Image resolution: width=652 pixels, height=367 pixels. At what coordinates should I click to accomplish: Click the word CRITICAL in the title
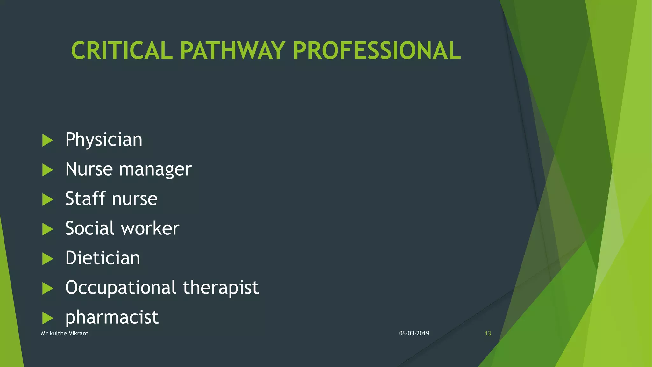(122, 51)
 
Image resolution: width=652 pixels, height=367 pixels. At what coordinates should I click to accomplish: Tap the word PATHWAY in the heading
(232, 51)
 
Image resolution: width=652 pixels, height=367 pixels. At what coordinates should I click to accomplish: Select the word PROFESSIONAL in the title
(377, 51)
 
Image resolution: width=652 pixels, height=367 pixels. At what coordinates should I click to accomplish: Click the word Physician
(104, 140)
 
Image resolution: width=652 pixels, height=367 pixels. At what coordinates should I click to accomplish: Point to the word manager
(155, 169)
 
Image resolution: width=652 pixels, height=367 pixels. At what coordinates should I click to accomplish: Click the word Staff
(85, 198)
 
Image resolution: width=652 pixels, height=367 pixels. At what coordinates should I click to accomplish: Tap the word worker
(150, 228)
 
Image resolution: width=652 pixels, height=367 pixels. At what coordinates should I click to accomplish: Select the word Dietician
(103, 258)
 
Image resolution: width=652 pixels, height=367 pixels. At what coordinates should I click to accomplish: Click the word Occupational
(121, 288)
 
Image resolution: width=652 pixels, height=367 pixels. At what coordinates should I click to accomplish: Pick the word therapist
(221, 287)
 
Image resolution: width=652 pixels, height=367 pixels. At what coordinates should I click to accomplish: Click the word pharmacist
(112, 317)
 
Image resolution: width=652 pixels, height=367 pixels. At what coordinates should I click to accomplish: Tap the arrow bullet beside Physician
(47, 140)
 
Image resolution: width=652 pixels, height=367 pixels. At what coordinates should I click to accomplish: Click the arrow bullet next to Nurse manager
(47, 170)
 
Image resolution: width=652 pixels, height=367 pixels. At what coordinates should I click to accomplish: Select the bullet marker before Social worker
(47, 229)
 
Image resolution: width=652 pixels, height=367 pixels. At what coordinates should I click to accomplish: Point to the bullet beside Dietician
(47, 259)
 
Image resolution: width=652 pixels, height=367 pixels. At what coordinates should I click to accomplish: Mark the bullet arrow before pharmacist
(47, 318)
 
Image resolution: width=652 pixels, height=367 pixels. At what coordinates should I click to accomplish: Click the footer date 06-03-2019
(414, 334)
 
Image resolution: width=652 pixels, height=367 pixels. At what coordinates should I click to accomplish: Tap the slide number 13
(488, 334)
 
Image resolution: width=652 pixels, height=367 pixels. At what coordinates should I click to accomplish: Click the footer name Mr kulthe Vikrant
(65, 334)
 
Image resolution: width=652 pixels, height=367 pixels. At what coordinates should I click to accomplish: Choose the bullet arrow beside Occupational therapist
(47, 289)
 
